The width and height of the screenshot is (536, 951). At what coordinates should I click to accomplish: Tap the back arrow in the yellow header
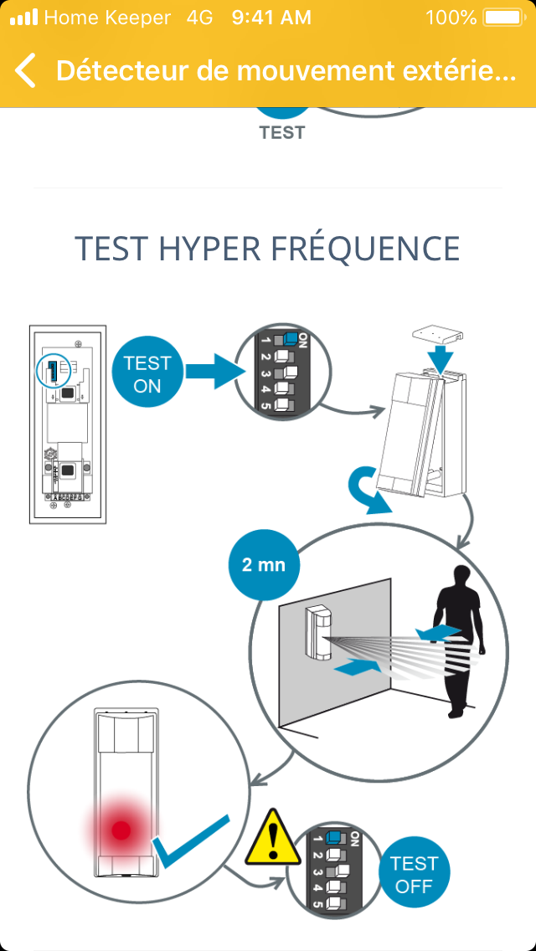point(26,70)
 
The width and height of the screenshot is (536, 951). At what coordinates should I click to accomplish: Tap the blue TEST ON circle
point(147,374)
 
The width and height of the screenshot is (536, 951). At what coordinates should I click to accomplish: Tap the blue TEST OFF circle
point(415,874)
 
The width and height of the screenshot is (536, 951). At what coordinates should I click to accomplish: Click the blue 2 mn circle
point(264,564)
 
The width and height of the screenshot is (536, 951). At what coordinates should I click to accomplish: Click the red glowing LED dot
point(121,830)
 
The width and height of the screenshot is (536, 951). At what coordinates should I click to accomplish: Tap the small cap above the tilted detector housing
point(438,336)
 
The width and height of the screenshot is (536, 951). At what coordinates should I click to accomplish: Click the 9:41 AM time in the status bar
point(271,17)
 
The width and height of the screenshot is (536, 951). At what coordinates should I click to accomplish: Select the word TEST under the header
point(282,132)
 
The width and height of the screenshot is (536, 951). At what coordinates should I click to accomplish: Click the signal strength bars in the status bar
point(23,17)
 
